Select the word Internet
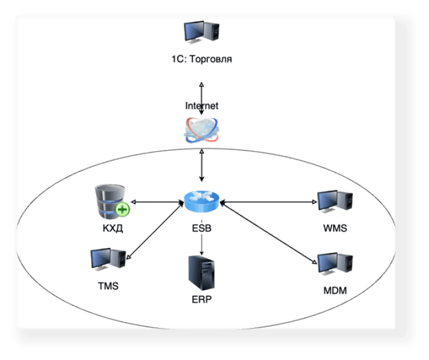[201, 106]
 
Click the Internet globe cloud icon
[202, 130]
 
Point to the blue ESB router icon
[201, 202]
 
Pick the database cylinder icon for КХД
[111, 201]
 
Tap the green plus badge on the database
[123, 209]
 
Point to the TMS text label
[108, 286]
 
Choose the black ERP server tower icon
[201, 272]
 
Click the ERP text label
[201, 300]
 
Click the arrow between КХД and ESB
[156, 202]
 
